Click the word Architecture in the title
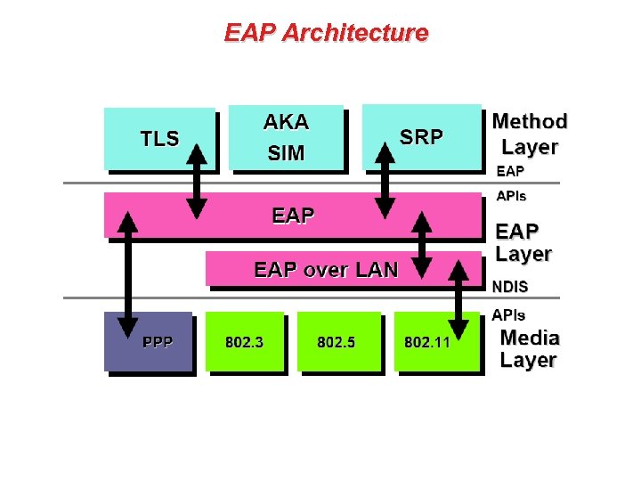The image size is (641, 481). [x=354, y=33]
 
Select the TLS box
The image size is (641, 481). [x=159, y=138]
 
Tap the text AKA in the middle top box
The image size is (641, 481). [x=286, y=122]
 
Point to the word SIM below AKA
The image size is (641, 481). [x=286, y=153]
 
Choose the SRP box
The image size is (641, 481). [x=421, y=137]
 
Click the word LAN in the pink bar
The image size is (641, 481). [x=377, y=270]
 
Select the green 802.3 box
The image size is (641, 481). [x=244, y=342]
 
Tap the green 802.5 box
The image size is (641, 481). [x=337, y=342]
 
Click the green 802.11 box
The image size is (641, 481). [x=427, y=342]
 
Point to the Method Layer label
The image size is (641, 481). [x=530, y=134]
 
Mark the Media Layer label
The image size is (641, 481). [x=529, y=349]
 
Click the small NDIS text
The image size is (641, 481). [x=510, y=287]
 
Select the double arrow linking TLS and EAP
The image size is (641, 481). [x=198, y=180]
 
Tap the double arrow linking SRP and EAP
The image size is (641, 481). [x=385, y=180]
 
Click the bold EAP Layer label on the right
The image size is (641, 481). [x=523, y=242]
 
